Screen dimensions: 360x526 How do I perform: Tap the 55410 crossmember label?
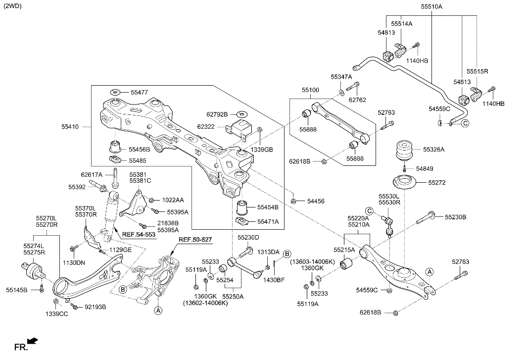(x=70, y=127)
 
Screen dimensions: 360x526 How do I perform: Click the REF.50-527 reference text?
(x=195, y=240)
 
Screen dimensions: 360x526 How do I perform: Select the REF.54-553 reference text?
(x=139, y=234)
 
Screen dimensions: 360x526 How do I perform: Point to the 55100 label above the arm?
(x=311, y=91)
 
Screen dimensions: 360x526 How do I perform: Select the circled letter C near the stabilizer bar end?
(x=465, y=123)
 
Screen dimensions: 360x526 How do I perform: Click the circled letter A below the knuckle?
(x=158, y=310)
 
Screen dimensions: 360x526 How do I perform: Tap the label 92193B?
(x=96, y=307)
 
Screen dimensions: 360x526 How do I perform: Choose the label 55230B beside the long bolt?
(x=455, y=217)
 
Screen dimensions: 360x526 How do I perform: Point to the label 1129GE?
(x=120, y=250)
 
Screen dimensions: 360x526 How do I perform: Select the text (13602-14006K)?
(x=205, y=303)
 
